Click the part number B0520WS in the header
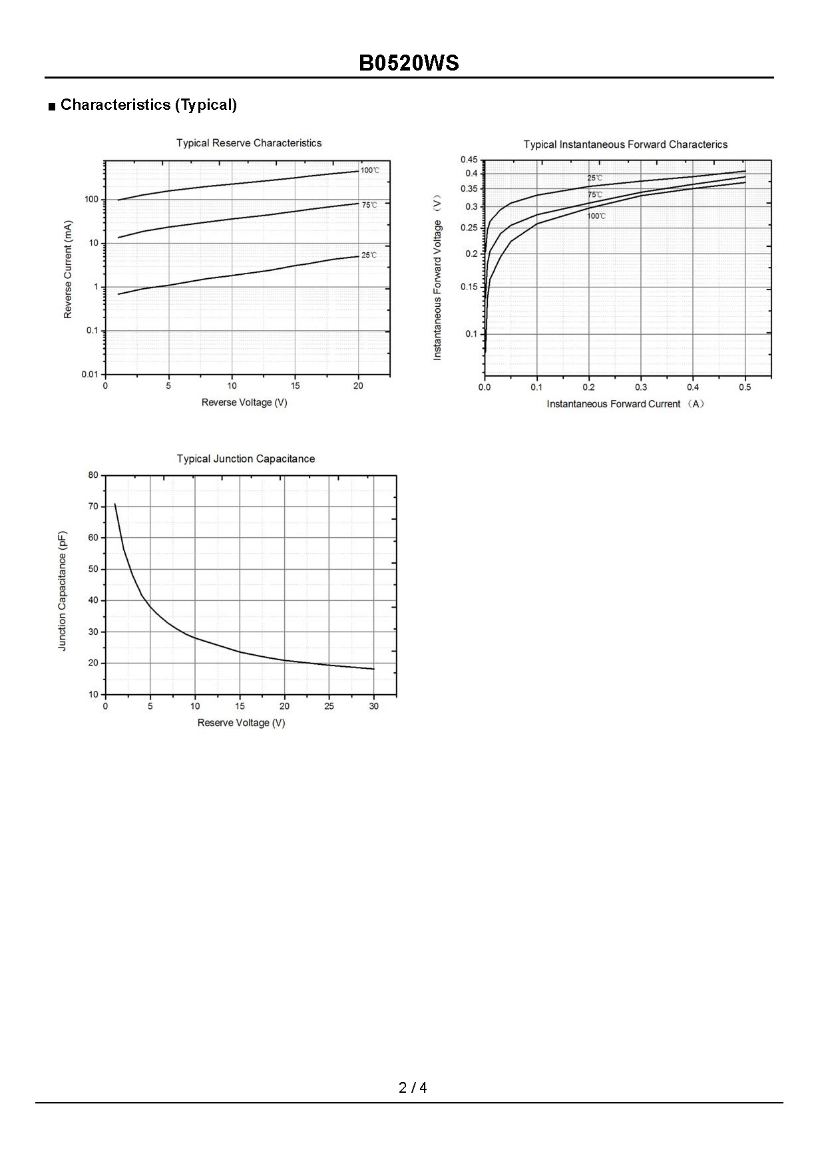[x=409, y=63]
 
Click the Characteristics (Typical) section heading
[x=148, y=104]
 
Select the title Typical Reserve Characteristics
[x=248, y=143]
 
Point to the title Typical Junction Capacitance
[x=246, y=459]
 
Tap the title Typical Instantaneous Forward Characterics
[x=625, y=144]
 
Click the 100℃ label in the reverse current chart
[x=370, y=170]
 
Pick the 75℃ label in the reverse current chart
[x=369, y=205]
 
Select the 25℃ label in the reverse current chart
[x=369, y=256]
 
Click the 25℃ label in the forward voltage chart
[x=594, y=178]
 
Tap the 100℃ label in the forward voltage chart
[x=596, y=216]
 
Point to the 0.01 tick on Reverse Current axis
[x=90, y=374]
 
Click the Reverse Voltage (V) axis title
[x=244, y=403]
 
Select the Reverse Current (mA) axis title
[x=68, y=270]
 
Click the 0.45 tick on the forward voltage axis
[x=469, y=160]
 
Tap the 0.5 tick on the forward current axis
[x=745, y=387]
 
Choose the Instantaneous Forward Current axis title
[x=625, y=404]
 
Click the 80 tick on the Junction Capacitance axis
[x=93, y=475]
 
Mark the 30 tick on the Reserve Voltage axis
[x=373, y=706]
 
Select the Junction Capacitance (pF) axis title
[x=63, y=591]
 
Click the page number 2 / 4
[x=413, y=1087]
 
